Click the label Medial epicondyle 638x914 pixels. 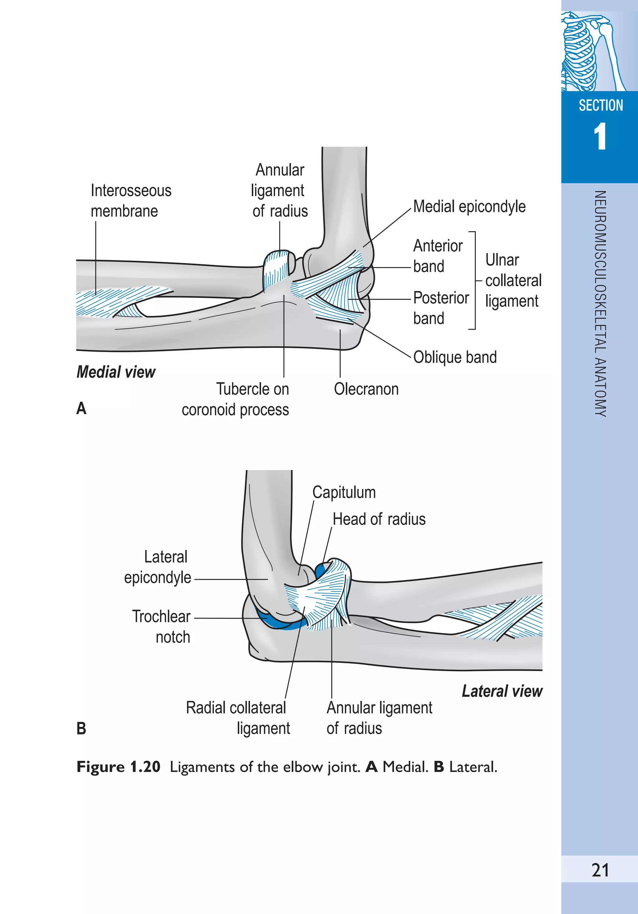click(x=469, y=207)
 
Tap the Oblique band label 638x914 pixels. click(x=455, y=357)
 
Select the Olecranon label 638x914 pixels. click(x=366, y=389)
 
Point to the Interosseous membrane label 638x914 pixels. click(x=131, y=201)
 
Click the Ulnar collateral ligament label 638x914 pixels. click(x=513, y=280)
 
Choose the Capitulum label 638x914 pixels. click(x=344, y=493)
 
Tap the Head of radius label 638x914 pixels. click(x=379, y=519)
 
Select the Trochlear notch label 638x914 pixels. click(x=162, y=626)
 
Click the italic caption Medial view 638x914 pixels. click(x=116, y=372)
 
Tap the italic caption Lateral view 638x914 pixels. click(x=502, y=691)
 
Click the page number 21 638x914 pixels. click(x=600, y=870)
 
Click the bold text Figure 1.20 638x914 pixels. click(x=118, y=767)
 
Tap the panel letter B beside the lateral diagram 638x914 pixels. click(x=81, y=729)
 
